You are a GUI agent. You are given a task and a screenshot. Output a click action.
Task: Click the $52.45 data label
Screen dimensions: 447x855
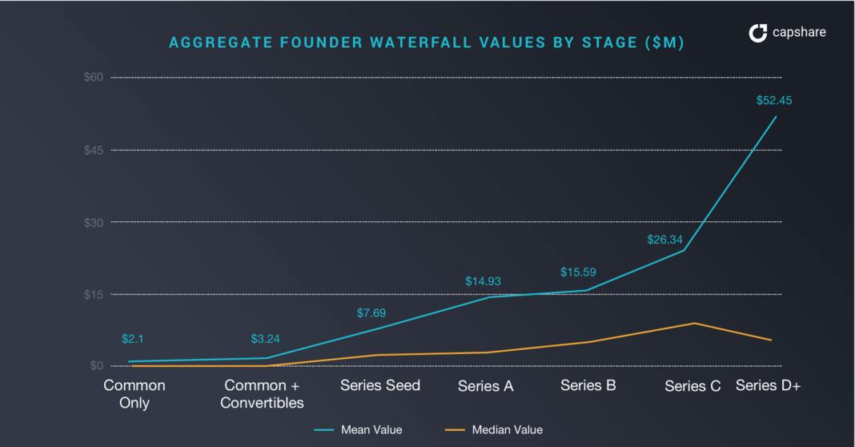pyautogui.click(x=773, y=101)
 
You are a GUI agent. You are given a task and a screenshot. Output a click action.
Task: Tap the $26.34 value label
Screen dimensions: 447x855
pyautogui.click(x=664, y=240)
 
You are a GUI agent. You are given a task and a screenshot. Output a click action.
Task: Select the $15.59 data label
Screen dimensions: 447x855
pyautogui.click(x=577, y=272)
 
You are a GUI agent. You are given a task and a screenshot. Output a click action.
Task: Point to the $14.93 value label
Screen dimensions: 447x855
pyautogui.click(x=483, y=281)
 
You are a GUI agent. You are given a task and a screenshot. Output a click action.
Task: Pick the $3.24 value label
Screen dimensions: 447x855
pyautogui.click(x=265, y=339)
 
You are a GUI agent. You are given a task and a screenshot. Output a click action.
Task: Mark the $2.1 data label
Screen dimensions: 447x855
pyautogui.click(x=132, y=339)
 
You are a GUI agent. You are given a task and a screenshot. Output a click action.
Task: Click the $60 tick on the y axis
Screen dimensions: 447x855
pyautogui.click(x=94, y=77)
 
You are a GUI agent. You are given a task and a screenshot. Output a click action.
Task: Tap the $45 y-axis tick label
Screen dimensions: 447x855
pyautogui.click(x=94, y=150)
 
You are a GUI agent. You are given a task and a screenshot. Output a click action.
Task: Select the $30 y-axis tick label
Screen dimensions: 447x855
pyautogui.click(x=94, y=222)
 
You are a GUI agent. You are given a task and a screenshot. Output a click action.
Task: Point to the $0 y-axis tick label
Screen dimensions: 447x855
pyautogui.click(x=97, y=366)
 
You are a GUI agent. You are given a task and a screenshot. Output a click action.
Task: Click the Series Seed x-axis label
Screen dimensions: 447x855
pyautogui.click(x=380, y=385)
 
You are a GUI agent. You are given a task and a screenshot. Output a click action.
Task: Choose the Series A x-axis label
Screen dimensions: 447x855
pyautogui.click(x=486, y=386)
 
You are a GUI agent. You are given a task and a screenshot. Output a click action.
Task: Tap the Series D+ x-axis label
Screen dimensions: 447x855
pyautogui.click(x=769, y=385)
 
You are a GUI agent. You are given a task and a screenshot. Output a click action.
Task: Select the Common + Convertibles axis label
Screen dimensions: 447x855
pyautogui.click(x=262, y=394)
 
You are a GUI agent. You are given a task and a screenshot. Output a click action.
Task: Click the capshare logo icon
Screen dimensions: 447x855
pyautogui.click(x=757, y=33)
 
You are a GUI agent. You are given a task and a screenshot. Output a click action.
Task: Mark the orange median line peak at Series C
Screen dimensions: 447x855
pyautogui.click(x=694, y=324)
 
